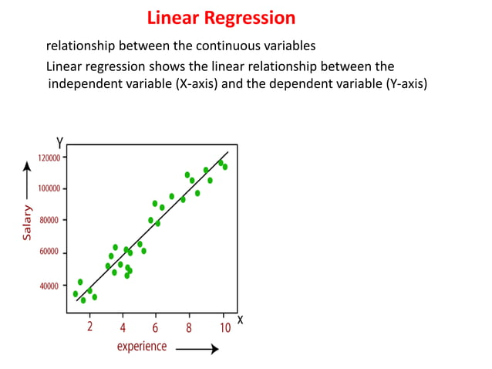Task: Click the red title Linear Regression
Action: tap(221, 17)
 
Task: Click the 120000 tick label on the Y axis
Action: tap(50, 157)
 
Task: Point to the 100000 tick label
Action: tap(50, 189)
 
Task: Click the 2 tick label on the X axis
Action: tap(89, 327)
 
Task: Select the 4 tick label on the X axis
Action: tap(123, 327)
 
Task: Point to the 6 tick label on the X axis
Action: tap(156, 327)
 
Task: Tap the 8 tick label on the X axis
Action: tap(189, 327)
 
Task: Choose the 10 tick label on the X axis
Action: tap(224, 327)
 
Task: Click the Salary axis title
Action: tap(28, 222)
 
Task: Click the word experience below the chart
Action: tap(141, 347)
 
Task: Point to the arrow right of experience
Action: tap(197, 349)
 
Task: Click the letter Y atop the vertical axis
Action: tap(59, 143)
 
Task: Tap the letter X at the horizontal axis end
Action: tap(240, 319)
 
